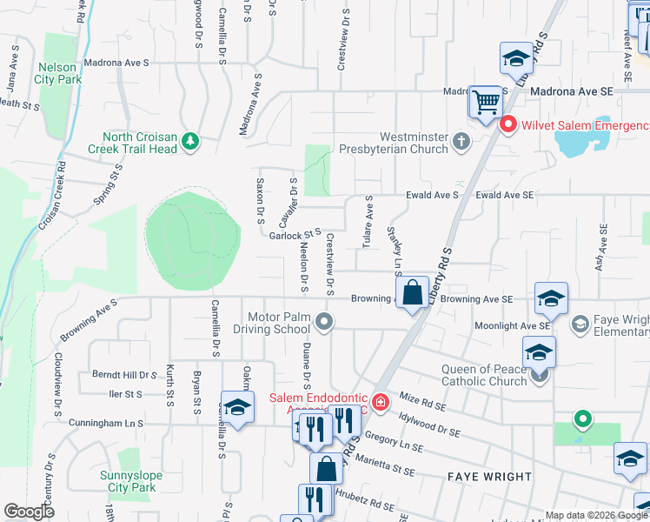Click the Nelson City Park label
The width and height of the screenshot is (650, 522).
[x=57, y=72]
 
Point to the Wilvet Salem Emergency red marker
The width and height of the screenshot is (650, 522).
[x=507, y=125]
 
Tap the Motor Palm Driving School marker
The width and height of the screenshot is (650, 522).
[x=324, y=322]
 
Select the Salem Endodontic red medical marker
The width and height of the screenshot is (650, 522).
[x=380, y=401]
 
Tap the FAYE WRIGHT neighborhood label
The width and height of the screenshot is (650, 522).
[x=489, y=477]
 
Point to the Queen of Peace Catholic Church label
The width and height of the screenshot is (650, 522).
[x=484, y=375]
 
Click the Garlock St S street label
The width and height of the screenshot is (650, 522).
[x=295, y=234]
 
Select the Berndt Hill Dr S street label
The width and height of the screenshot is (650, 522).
[x=123, y=375]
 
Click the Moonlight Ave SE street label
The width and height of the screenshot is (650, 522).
[x=512, y=325]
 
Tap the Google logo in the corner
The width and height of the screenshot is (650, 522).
[x=30, y=512]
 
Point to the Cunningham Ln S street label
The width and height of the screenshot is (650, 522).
[x=105, y=423]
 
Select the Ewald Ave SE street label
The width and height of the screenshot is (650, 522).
[x=505, y=196]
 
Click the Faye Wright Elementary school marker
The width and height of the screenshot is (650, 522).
[x=580, y=324]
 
